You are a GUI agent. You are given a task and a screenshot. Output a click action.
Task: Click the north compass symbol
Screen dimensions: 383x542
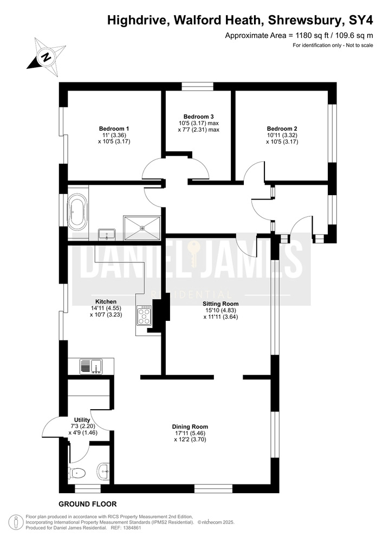click(x=46, y=57)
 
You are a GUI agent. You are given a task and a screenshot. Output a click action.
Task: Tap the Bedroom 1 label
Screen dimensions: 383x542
click(x=114, y=129)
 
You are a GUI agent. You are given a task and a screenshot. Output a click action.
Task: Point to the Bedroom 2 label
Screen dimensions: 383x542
click(x=282, y=129)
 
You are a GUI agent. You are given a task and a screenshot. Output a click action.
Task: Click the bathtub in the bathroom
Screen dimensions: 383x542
click(x=77, y=212)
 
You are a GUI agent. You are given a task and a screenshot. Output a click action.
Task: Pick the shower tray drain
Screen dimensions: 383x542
click(x=142, y=228)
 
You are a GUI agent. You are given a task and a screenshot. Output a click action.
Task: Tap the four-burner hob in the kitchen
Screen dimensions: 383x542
click(x=144, y=315)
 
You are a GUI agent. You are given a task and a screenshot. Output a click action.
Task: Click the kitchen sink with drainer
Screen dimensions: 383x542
click(x=91, y=366)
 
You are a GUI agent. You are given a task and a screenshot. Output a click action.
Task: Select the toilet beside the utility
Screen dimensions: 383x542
click(x=76, y=473)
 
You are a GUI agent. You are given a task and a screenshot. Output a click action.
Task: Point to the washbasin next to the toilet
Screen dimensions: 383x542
click(x=103, y=471)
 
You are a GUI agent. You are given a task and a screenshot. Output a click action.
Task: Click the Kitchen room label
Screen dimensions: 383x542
click(x=106, y=302)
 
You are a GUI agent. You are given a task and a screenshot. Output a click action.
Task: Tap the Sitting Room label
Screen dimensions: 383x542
click(x=220, y=304)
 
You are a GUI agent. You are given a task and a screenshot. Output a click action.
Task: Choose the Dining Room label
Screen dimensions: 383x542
click(x=190, y=427)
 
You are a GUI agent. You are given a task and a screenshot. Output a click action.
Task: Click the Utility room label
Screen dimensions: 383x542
click(x=82, y=420)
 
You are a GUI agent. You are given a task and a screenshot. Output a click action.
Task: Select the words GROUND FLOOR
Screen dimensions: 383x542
click(x=88, y=504)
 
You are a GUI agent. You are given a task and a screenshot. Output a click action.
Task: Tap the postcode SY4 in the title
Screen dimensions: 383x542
click(x=361, y=20)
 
